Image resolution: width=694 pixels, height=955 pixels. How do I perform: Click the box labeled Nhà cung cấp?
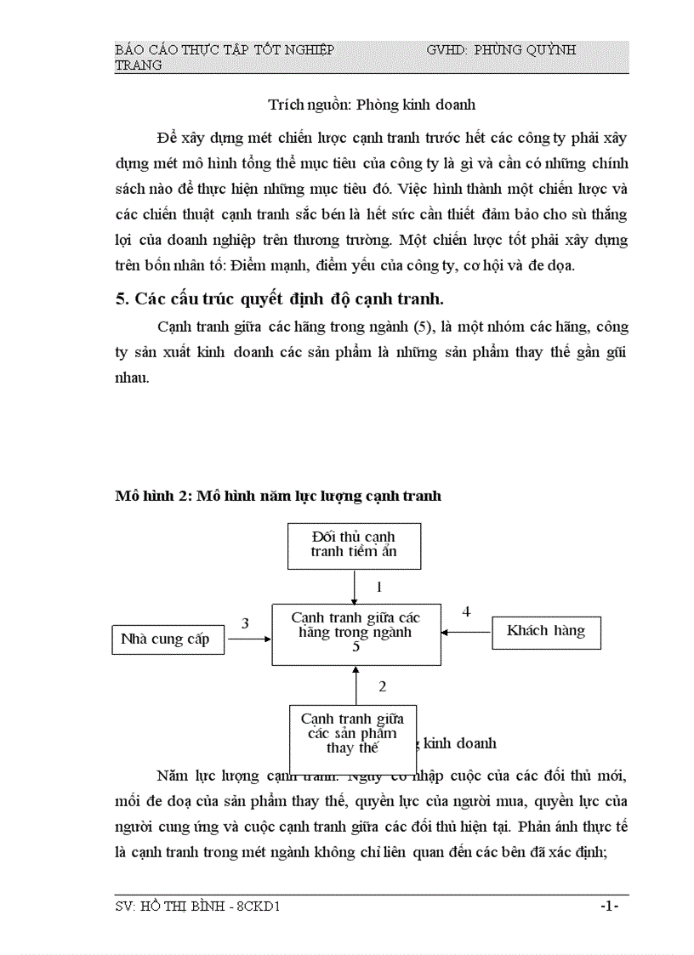point(168,640)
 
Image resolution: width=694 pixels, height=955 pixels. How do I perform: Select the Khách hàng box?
point(546,631)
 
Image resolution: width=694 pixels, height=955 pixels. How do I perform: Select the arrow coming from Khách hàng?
point(466,632)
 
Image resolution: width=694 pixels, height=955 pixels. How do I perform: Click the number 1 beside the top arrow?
point(379,587)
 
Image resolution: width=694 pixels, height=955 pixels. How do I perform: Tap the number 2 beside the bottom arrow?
point(383,686)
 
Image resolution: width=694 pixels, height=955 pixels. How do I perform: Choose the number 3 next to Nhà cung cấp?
point(245,623)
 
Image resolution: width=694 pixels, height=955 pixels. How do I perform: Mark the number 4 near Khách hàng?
point(466,611)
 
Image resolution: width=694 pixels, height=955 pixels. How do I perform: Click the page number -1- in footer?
point(608,907)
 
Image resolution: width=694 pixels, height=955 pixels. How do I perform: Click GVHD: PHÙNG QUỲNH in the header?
point(501,50)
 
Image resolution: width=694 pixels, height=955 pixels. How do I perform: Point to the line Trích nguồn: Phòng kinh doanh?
point(372,105)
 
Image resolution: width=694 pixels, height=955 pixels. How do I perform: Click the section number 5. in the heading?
point(122,299)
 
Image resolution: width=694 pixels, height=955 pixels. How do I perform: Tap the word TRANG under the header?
point(139,65)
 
